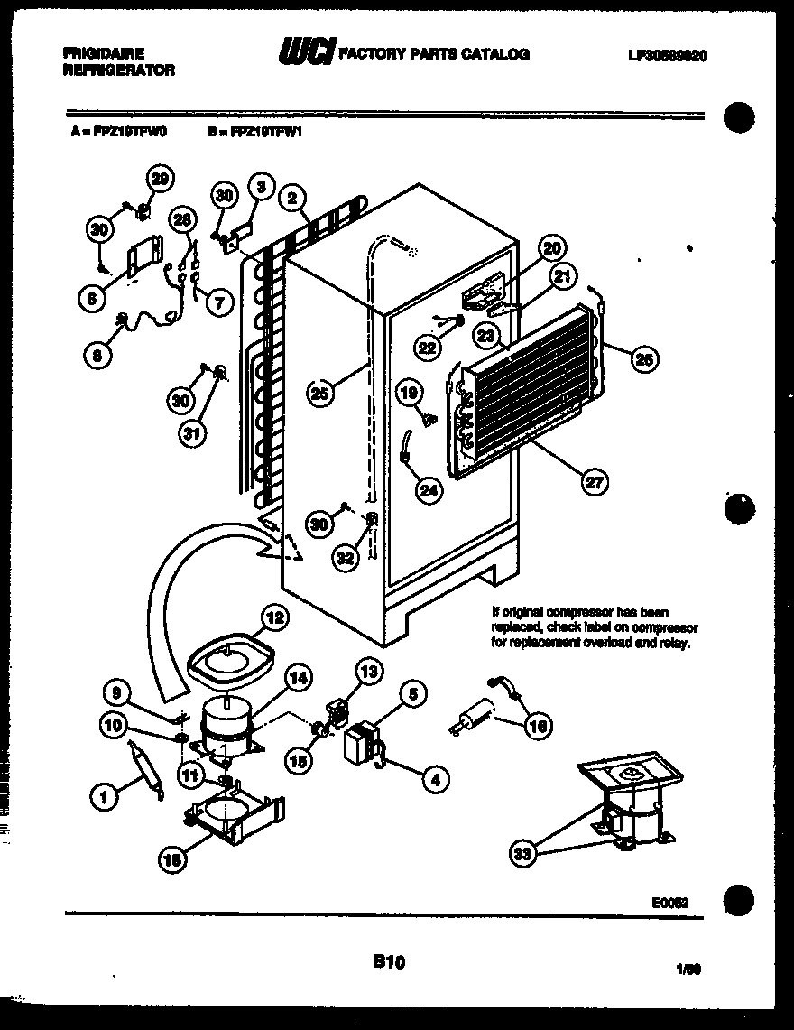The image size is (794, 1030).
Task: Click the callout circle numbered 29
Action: coord(160,180)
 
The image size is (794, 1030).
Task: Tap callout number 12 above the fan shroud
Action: coord(275,618)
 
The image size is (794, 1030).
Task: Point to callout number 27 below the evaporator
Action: coord(593,481)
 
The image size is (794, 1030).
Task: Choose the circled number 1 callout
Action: coord(106,795)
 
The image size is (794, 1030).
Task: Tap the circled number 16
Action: coord(539,726)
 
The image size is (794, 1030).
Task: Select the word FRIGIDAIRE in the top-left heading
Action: coord(105,54)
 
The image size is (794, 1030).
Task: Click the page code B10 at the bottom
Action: coord(389,962)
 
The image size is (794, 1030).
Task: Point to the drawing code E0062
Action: coord(670,900)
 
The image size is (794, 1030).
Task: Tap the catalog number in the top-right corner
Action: coord(667,55)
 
